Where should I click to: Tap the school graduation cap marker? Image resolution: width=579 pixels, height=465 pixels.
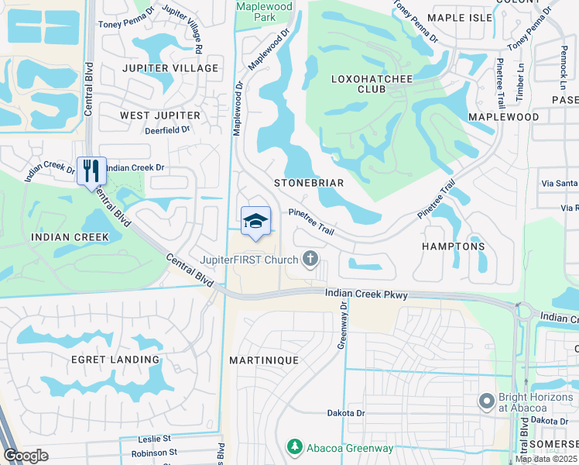255,222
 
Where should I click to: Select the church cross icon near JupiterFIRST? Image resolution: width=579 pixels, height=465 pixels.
310,258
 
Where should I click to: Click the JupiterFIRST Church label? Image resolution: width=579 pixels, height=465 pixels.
248,259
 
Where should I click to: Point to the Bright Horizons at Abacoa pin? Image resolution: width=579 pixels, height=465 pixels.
487,401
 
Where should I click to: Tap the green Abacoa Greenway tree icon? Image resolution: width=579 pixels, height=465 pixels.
294,447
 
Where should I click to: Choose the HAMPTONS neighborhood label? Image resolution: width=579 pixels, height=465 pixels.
453,246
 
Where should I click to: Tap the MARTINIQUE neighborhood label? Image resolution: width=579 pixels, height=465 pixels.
263,361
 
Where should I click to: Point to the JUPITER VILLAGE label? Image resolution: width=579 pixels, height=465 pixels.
170,68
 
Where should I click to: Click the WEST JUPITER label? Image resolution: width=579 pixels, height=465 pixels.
159,115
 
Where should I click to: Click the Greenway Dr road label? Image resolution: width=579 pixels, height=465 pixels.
340,326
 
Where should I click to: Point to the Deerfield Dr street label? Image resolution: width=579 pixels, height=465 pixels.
167,130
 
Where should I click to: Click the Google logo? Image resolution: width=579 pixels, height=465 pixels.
26,456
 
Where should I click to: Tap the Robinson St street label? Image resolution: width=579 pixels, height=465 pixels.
154,452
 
